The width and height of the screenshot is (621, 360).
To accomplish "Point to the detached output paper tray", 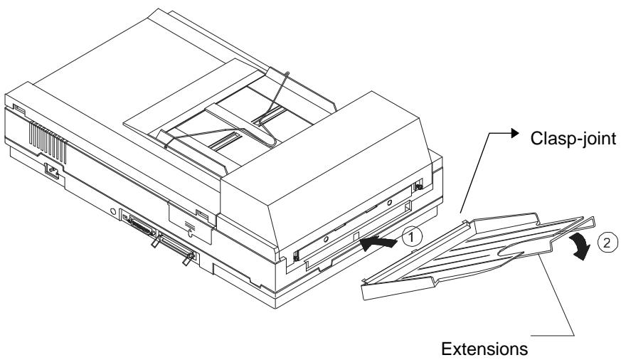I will coord(455,249).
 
